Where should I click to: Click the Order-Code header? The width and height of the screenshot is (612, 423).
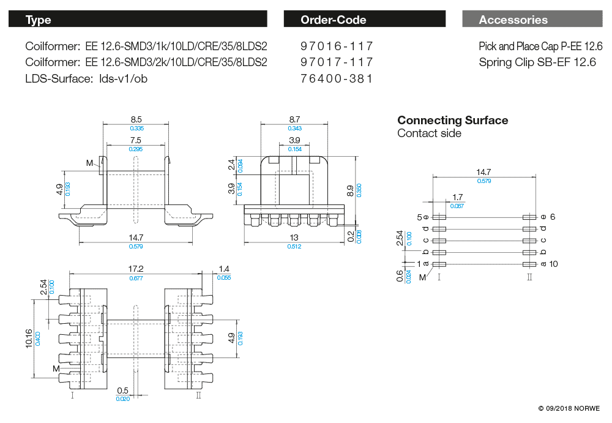pos(333,20)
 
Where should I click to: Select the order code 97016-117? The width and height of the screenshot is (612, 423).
pos(337,46)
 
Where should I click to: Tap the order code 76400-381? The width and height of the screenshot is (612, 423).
pos(337,78)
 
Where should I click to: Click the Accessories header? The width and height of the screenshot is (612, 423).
pos(513,20)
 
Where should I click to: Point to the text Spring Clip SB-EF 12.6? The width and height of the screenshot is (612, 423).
pos(537,62)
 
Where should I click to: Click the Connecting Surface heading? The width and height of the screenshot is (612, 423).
pos(452,120)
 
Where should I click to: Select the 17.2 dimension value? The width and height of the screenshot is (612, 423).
pos(135,269)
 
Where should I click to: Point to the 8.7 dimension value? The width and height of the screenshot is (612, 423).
pos(294,119)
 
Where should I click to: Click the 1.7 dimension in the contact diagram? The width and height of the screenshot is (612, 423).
pos(457,197)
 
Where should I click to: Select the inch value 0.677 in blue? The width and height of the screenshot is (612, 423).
pos(135,278)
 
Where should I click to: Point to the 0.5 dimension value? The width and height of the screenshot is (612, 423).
pos(122,391)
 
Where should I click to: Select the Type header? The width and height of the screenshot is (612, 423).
pos(39,20)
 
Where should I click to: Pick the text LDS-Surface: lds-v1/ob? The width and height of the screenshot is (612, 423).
pos(86,78)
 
